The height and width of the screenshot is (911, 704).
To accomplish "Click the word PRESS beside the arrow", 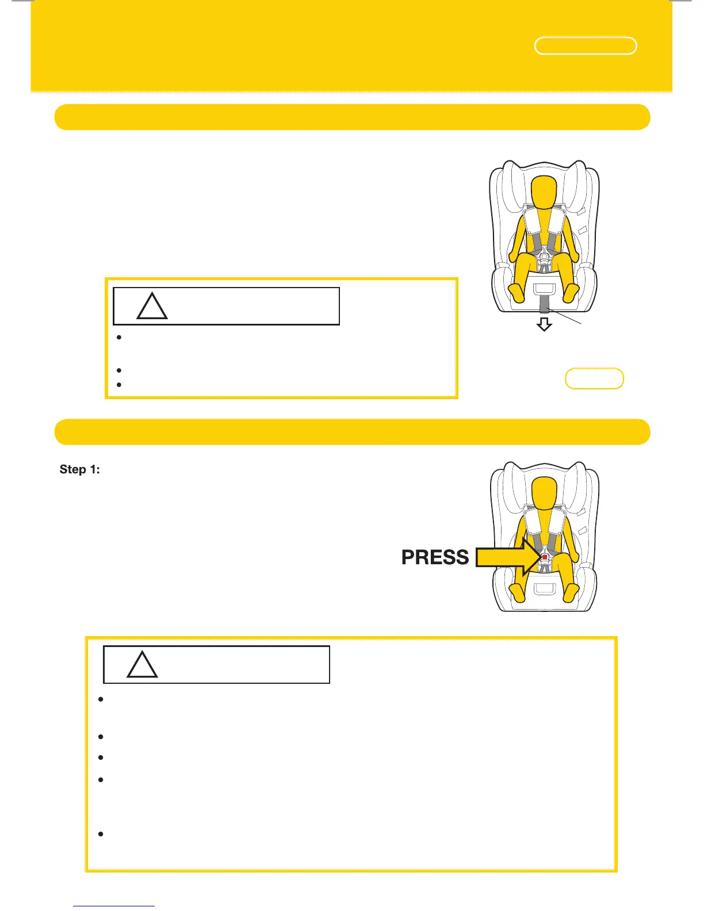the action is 435,557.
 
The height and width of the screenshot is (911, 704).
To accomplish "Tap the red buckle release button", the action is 544,557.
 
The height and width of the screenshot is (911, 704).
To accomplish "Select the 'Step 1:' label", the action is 80,469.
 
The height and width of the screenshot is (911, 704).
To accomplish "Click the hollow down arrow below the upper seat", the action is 544,325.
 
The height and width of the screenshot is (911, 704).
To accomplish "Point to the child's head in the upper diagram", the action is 544,193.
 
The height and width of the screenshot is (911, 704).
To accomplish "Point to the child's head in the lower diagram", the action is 544,495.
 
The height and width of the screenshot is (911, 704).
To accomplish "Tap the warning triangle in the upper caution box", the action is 152,307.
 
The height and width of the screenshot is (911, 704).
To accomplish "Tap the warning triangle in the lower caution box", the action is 142,665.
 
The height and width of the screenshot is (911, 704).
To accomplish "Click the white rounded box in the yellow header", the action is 586,46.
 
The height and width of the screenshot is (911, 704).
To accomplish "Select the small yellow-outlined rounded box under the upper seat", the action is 594,378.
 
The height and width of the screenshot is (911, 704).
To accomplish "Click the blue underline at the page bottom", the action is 114,906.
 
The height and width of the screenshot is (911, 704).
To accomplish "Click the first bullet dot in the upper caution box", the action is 118,338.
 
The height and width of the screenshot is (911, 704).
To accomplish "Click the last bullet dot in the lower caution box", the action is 101,834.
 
